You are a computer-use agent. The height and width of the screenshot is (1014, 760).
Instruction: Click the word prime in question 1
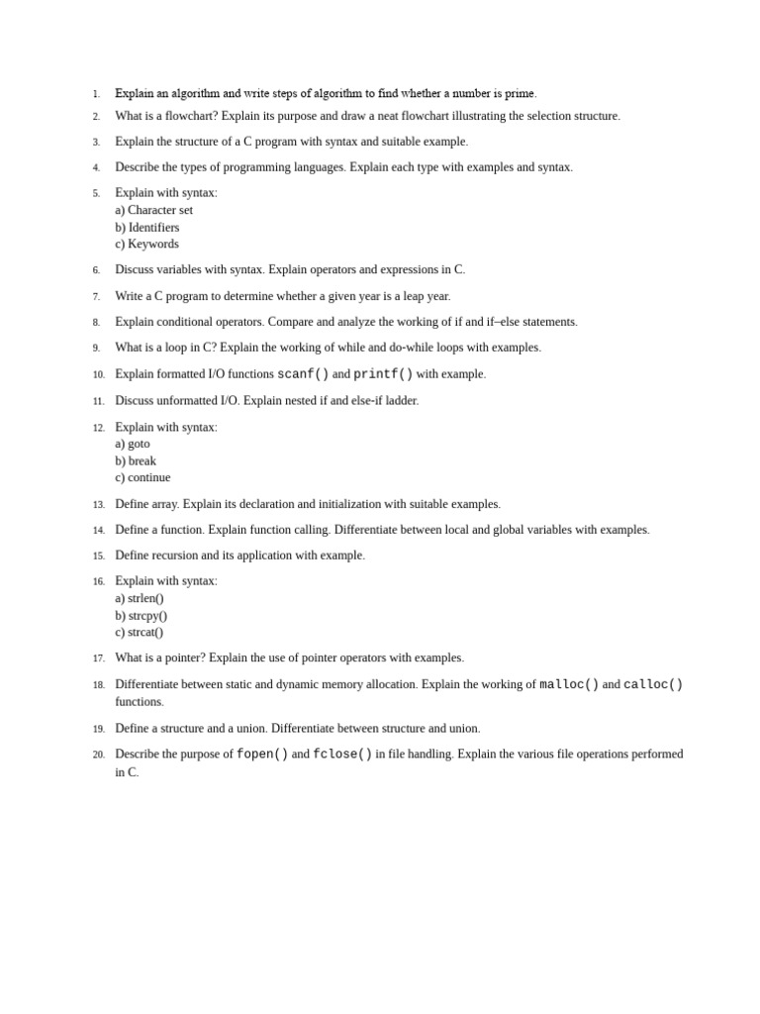click(520, 94)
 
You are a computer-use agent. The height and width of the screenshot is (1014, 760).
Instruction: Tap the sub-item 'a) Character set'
click(153, 210)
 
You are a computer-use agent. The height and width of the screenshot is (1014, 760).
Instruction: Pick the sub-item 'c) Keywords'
click(146, 244)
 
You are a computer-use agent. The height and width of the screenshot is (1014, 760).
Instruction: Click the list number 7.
click(96, 297)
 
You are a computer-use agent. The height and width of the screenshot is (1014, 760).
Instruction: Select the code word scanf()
click(303, 374)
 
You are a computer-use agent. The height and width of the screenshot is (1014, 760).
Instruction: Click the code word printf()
click(383, 374)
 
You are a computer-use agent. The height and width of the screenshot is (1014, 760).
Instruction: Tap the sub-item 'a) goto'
click(133, 444)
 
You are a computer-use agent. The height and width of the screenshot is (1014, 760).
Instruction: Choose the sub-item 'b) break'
click(136, 460)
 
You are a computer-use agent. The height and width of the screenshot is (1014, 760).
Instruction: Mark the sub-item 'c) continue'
click(142, 477)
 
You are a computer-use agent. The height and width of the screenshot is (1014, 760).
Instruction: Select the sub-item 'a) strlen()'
click(140, 598)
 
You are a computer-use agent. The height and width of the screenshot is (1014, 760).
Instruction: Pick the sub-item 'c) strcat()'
click(140, 632)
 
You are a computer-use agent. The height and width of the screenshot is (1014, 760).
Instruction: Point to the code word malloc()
click(569, 684)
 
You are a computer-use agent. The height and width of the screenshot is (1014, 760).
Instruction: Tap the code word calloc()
click(653, 684)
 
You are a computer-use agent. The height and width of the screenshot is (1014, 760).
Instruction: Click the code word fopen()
click(262, 755)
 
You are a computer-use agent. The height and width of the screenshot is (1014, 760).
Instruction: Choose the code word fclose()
click(342, 755)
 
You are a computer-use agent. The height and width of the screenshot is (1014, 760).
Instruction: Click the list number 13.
click(98, 505)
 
